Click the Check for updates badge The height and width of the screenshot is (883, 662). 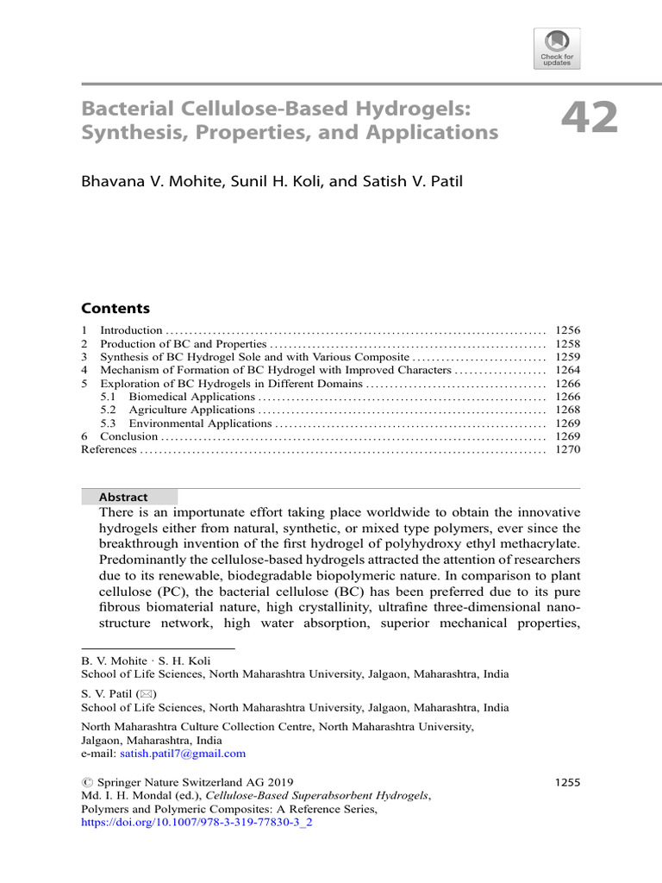tap(558, 48)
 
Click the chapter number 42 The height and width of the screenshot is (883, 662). tap(590, 118)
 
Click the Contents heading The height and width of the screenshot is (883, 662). tap(115, 309)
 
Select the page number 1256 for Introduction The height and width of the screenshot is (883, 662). tap(568, 330)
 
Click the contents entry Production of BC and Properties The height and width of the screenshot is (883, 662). tap(183, 343)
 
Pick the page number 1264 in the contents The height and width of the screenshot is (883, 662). tap(568, 370)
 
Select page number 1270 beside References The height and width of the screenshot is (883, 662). tap(568, 450)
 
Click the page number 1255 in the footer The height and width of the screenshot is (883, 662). tap(565, 782)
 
